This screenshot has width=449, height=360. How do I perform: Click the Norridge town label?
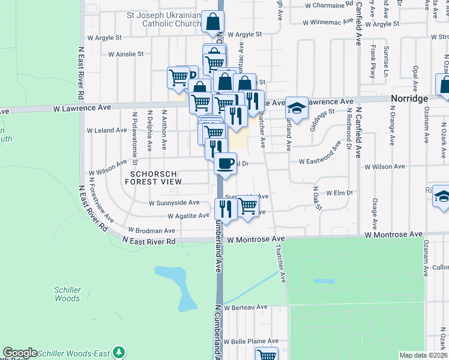pos(408,98)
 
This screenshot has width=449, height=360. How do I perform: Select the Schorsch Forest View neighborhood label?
pos(152,176)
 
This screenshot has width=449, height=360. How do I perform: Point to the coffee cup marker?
pos(225,163)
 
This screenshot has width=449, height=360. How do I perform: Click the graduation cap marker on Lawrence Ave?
pos(296,108)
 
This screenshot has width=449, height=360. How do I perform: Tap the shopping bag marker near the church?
pos(212,22)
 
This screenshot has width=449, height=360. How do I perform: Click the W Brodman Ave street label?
pos(152,230)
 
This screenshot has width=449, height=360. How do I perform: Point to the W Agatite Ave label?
pos(188,215)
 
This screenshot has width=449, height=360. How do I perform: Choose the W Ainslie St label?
pos(126,53)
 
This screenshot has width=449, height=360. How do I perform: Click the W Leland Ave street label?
pos(107,130)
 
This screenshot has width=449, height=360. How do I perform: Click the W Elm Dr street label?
pos(340,193)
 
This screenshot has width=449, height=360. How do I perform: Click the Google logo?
pos(20,353)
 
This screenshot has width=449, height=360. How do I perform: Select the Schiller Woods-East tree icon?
pos(119,352)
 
